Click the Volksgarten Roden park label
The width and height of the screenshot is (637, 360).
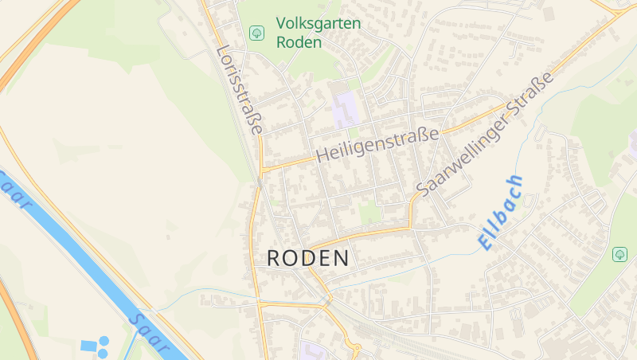point(318,33)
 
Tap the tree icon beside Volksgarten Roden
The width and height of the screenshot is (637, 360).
point(256,33)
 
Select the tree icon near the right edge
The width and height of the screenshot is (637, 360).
point(619,254)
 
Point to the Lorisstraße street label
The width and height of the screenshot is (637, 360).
point(239,89)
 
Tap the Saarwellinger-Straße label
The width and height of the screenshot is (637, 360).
point(485,133)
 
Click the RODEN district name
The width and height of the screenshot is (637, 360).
point(307,258)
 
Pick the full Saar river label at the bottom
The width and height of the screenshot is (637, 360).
point(150,333)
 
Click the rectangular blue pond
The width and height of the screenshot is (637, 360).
point(88,346)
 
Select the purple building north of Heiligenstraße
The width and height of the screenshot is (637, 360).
point(346,110)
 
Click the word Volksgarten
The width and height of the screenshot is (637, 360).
point(318,24)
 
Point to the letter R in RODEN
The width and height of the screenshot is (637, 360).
point(275,258)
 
